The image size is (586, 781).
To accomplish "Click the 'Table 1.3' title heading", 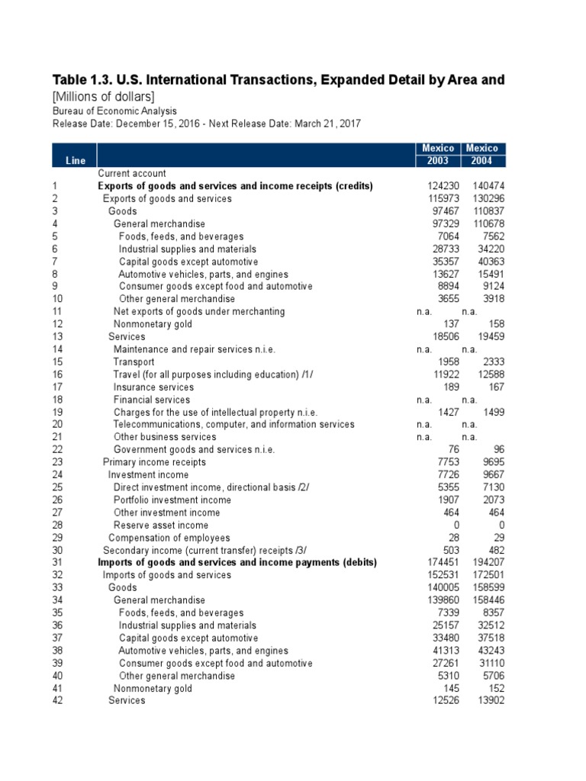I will click(278, 80).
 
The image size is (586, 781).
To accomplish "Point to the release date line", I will click(206, 123).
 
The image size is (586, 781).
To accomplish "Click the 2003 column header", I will click(438, 161).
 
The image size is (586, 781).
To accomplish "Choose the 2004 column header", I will click(482, 161).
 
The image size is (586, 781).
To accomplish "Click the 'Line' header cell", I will click(76, 161).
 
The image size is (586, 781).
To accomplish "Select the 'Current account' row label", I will click(132, 174).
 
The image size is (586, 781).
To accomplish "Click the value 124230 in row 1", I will click(443, 186).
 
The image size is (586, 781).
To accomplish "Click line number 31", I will click(57, 563).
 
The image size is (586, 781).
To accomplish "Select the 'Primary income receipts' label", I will click(154, 462).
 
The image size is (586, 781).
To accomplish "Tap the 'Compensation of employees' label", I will click(169, 538).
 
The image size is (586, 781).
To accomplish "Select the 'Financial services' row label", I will click(153, 400).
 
